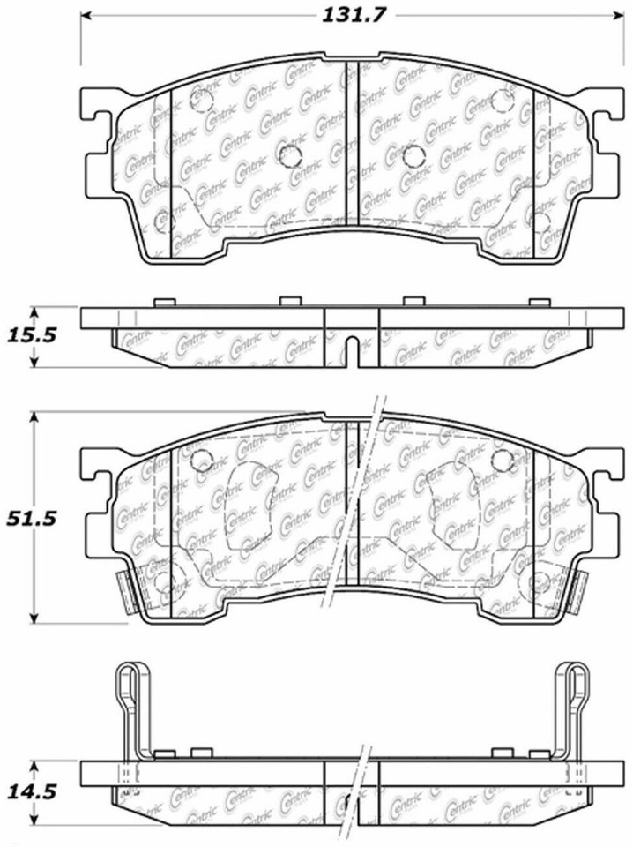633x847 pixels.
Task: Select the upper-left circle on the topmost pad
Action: click(201, 101)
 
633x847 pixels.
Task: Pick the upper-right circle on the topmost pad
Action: click(505, 97)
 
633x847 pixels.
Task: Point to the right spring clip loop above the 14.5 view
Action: click(573, 697)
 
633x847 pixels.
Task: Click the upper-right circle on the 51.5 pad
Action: click(503, 460)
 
